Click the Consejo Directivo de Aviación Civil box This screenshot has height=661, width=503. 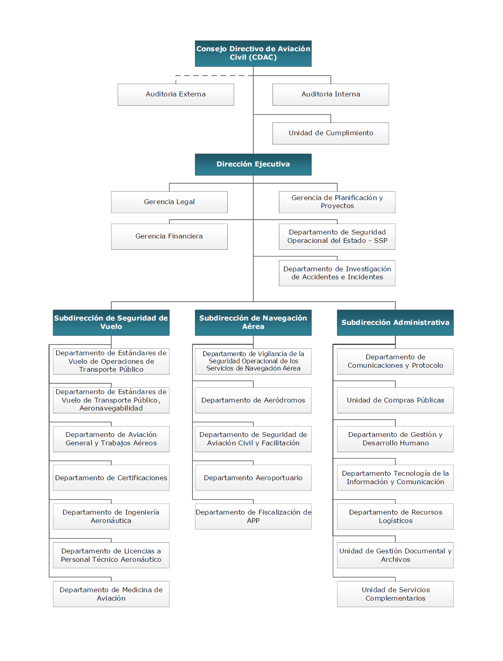(253, 53)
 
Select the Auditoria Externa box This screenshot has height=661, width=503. (176, 94)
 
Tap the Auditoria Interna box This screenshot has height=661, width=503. (331, 94)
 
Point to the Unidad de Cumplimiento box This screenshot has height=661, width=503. (331, 133)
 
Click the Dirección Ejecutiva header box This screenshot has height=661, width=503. (253, 164)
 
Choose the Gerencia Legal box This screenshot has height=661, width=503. (169, 202)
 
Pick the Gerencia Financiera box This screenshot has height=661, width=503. (169, 236)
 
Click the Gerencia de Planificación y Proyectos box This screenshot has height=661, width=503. (337, 202)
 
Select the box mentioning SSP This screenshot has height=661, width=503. (337, 236)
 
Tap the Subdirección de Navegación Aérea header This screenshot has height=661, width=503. (253, 322)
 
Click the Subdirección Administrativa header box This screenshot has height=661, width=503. (395, 322)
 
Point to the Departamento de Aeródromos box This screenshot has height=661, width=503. (253, 400)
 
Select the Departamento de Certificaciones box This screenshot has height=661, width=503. (111, 478)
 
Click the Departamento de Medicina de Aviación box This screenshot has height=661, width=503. (111, 594)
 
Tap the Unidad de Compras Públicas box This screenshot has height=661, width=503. (395, 400)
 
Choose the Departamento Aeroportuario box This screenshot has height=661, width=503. (253, 478)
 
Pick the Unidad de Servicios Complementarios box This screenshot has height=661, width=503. (395, 594)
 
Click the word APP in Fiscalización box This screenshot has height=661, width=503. (253, 521)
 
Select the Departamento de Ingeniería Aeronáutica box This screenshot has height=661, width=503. (111, 517)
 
